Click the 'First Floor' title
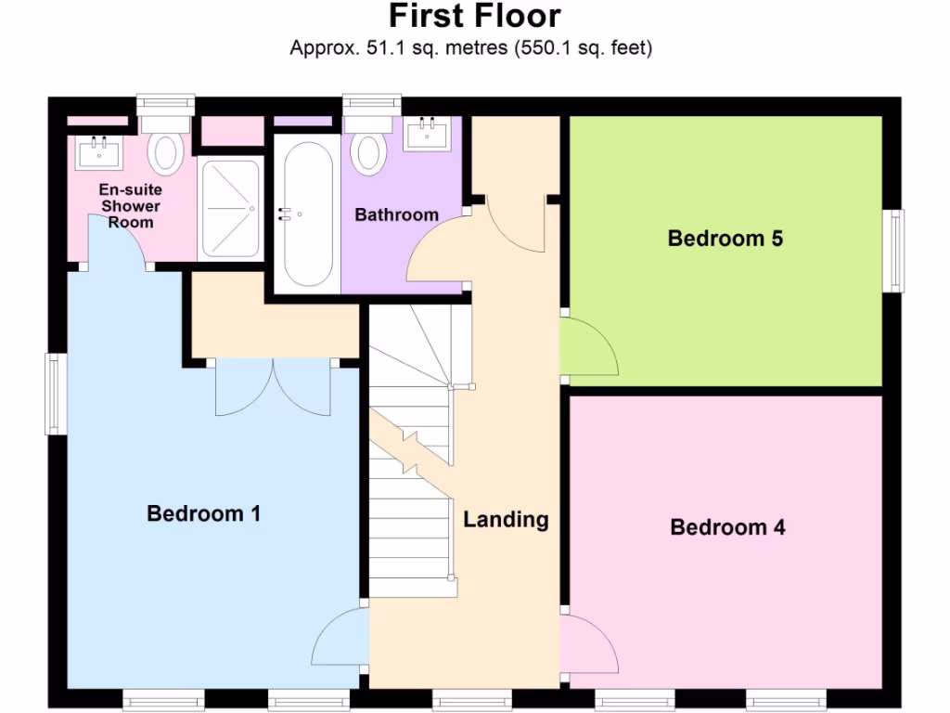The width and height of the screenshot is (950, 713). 474,16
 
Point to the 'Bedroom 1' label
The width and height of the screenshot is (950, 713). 203,512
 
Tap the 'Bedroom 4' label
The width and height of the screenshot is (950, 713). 727,527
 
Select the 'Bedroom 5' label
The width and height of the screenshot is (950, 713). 725,239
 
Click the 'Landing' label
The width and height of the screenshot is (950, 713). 506,519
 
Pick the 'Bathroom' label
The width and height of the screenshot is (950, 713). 396,214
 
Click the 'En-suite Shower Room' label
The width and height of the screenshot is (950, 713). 130,206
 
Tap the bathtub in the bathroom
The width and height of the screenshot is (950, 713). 308,213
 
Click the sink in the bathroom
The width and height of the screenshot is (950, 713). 428,134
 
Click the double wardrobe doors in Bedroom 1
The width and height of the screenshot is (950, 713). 273,387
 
